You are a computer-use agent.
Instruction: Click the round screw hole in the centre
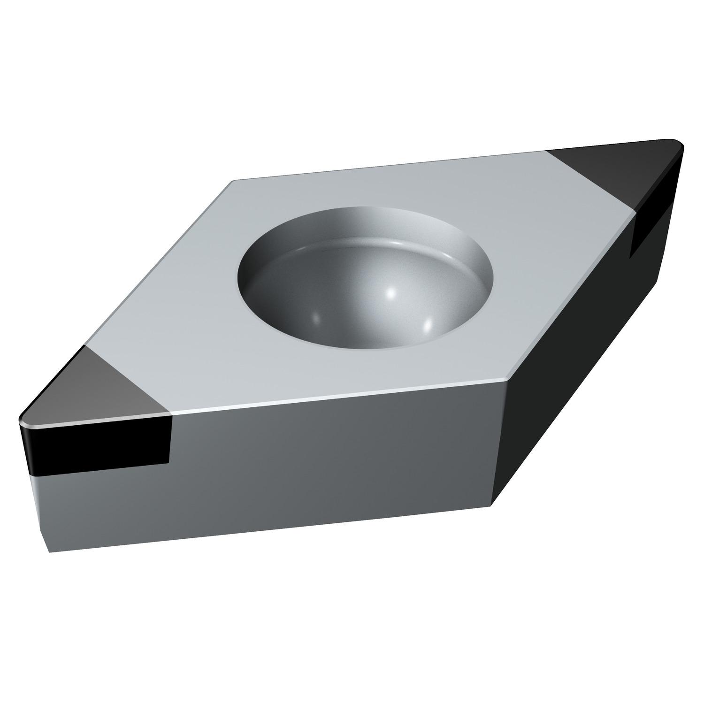pos(366,277)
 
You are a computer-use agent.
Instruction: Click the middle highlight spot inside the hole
pos(390,293)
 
